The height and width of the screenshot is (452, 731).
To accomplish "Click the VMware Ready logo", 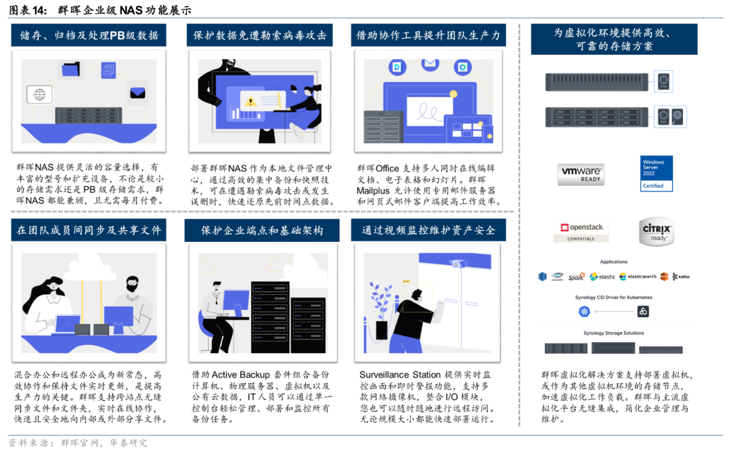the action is pyautogui.click(x=581, y=173).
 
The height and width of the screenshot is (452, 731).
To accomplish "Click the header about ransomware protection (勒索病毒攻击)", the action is pyautogui.click(x=259, y=36).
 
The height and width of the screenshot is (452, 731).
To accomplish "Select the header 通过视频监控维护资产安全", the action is pyautogui.click(x=428, y=230).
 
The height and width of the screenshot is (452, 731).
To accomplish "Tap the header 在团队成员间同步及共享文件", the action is pyautogui.click(x=89, y=230).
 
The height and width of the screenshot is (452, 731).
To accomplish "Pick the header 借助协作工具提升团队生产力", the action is pyautogui.click(x=428, y=36).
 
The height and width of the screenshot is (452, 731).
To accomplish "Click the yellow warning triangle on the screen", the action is pyautogui.click(x=251, y=102).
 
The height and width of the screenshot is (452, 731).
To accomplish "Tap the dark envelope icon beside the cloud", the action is pyautogui.click(x=137, y=92).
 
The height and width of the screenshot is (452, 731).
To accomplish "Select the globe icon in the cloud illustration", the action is pyautogui.click(x=40, y=94).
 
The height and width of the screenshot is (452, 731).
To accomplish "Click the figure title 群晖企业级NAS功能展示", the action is pyautogui.click(x=124, y=10).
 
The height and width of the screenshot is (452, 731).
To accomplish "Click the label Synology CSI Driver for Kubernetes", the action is pyautogui.click(x=613, y=297).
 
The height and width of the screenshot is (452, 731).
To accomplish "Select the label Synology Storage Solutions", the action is pyautogui.click(x=613, y=333).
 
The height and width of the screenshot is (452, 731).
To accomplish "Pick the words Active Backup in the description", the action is pyautogui.click(x=242, y=375).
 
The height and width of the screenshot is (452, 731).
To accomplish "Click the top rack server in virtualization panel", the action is pyautogui.click(x=598, y=82).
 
